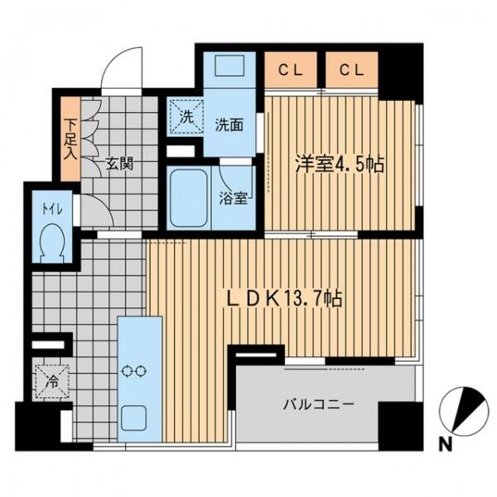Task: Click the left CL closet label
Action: tap(291, 70)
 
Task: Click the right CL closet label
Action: tap(352, 70)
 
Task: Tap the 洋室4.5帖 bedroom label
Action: tap(340, 164)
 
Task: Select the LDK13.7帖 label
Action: tap(284, 298)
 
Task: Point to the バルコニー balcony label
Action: tap(318, 405)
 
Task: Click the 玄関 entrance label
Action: tap(119, 164)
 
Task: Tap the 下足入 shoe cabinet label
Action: tap(70, 139)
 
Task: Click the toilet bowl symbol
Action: tap(52, 243)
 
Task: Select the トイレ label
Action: tap(52, 210)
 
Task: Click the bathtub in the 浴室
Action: tap(188, 197)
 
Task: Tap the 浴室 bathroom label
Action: tap(234, 199)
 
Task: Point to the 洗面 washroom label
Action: tap(229, 125)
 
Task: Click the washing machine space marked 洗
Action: tap(186, 117)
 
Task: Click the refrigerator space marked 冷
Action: tap(52, 382)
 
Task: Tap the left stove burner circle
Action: tap(128, 371)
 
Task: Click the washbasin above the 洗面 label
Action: tap(229, 66)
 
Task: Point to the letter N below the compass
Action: tap(446, 446)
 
